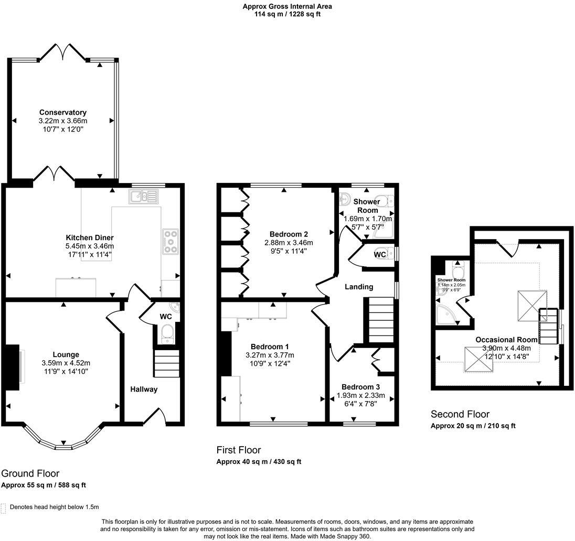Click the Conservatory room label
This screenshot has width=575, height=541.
pos(62,112)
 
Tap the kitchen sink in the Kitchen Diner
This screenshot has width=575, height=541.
pos(142,197)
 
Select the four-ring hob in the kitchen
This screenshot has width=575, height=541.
pos(171,242)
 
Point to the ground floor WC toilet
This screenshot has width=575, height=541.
pos(167,333)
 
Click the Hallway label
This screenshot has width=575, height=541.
pos(144,389)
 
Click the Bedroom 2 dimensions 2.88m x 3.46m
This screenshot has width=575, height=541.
pos(288,243)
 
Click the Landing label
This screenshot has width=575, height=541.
pos(359,287)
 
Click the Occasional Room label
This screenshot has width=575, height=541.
pos(503,340)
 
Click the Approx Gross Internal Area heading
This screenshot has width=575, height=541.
pos(287,6)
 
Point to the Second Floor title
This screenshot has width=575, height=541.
pos(460,414)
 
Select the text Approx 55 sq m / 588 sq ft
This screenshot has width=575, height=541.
pos(44,485)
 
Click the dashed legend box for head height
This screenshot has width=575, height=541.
pos(4,507)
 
